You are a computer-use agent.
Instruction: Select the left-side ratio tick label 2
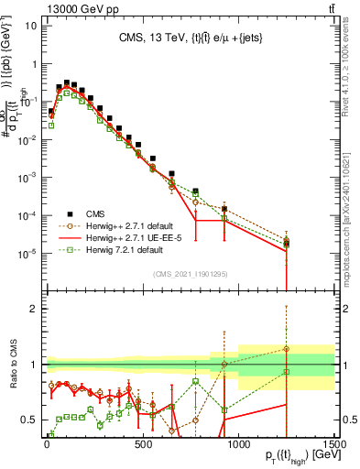(x=34, y=309)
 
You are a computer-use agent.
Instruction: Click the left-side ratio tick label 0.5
(x=30, y=420)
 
